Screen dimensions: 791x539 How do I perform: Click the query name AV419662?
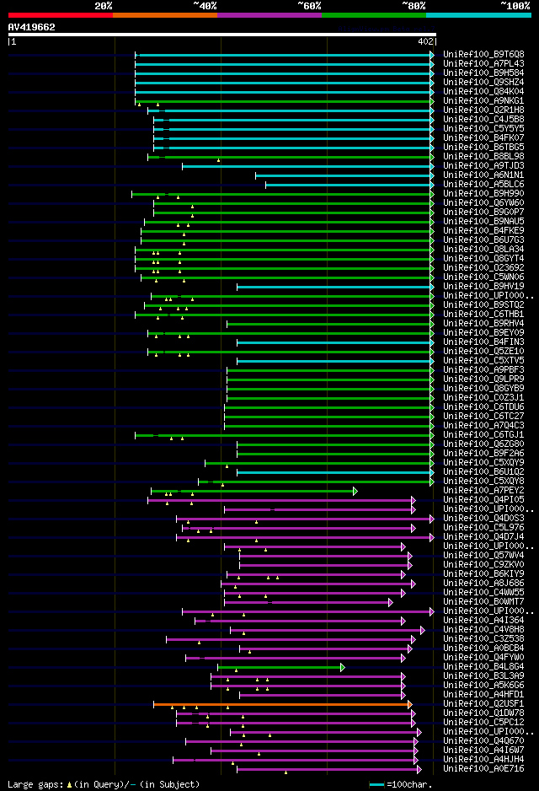click(32, 27)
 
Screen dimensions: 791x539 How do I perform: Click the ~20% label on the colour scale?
click(104, 6)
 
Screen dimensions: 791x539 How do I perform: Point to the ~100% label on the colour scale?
click(515, 6)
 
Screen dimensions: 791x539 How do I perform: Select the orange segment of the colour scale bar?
click(164, 15)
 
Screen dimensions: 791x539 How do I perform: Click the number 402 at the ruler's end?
click(424, 40)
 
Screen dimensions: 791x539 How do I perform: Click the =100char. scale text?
click(412, 784)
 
